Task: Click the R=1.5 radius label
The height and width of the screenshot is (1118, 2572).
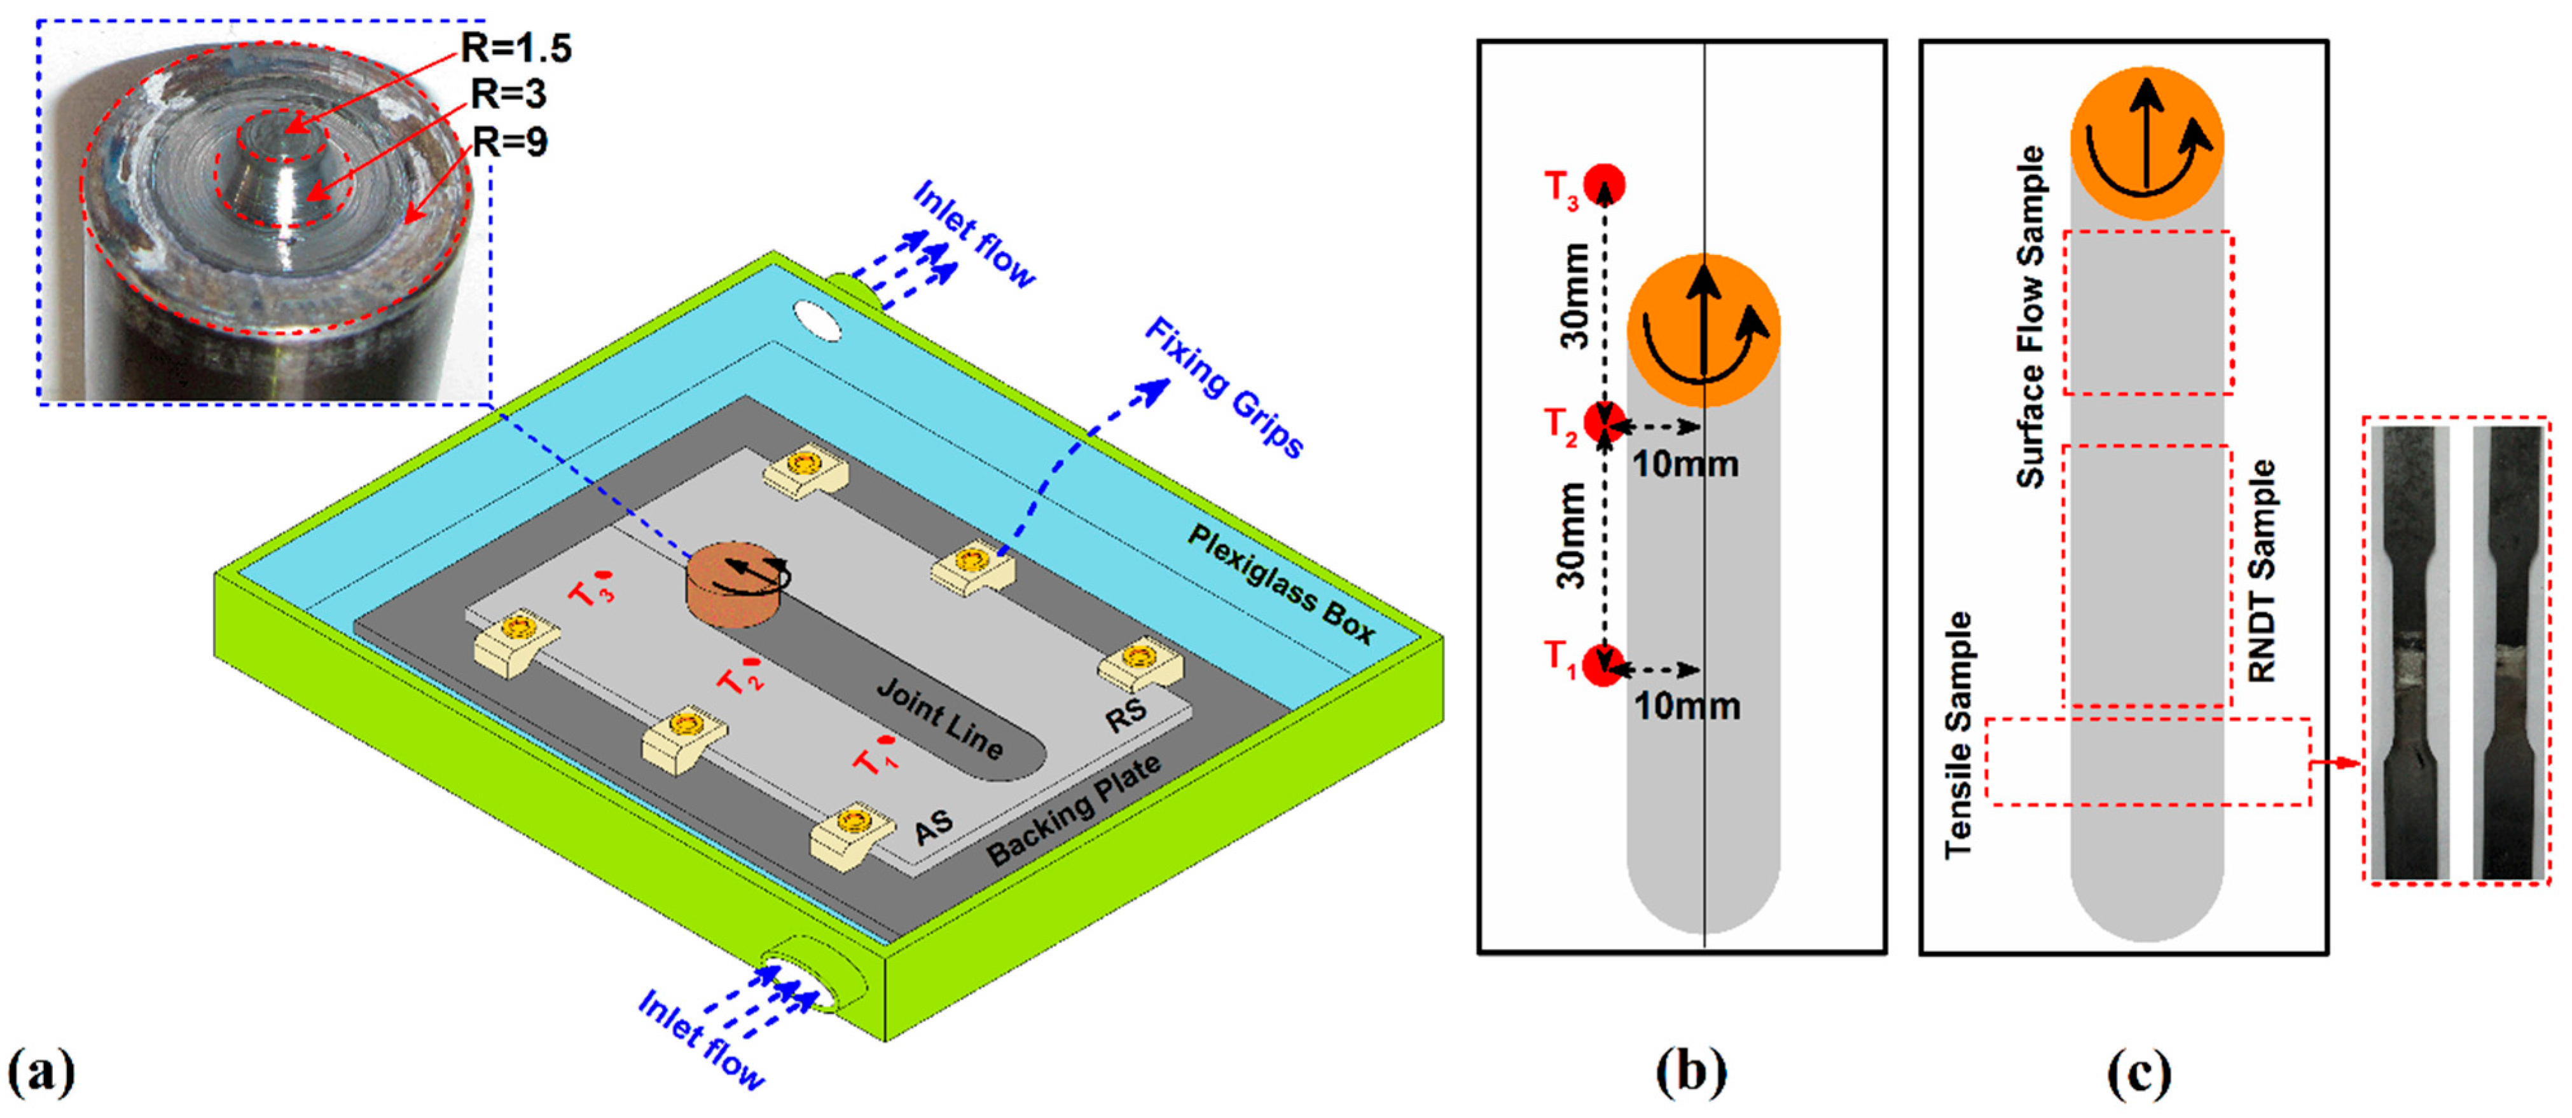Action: point(516,48)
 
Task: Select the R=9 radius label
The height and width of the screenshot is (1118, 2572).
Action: point(509,142)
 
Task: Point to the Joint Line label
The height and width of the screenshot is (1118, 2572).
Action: point(939,718)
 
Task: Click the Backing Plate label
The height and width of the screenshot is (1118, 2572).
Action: point(1074,810)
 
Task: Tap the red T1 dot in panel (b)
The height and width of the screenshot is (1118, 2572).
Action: point(1603,666)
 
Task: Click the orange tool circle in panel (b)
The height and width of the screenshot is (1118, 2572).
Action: point(1703,331)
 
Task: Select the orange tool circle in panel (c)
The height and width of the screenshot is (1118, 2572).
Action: point(2147,143)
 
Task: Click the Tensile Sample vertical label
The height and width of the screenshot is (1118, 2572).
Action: point(1959,735)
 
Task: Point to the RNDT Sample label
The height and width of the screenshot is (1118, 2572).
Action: point(2262,571)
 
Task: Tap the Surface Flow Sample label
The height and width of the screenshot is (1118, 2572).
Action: point(2031,317)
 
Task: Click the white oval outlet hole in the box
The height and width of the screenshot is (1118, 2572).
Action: point(817,320)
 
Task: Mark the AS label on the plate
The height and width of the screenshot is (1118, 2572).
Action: point(934,828)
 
